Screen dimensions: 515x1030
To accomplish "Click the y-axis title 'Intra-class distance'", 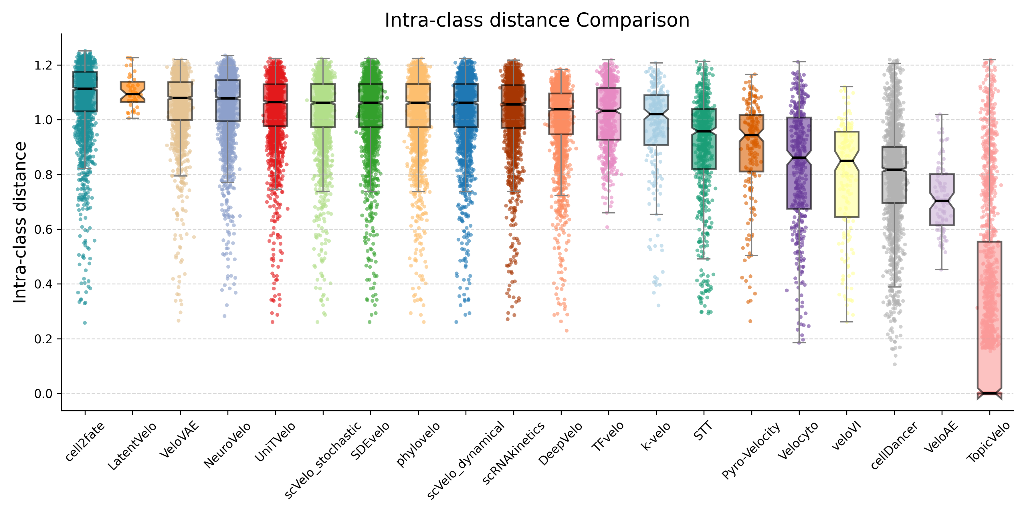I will (20, 222).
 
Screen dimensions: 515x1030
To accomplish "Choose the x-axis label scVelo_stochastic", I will (323, 460).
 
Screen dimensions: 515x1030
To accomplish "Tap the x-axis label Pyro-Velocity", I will (750, 451).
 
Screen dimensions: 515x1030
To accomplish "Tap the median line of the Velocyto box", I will (799, 158).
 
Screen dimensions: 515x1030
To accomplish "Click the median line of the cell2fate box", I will (85, 89).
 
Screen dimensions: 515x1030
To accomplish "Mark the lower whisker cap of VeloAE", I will (942, 270).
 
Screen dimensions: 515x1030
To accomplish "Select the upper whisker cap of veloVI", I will (847, 87).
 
